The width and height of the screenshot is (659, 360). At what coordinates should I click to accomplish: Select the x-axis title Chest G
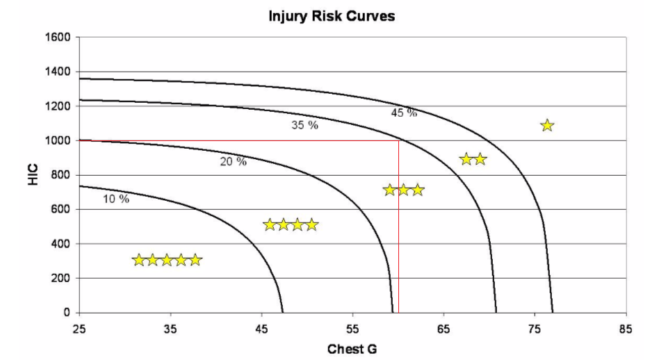(x=352, y=347)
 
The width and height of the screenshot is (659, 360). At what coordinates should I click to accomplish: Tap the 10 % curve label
(x=116, y=199)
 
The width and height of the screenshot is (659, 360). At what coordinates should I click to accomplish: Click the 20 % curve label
(x=233, y=162)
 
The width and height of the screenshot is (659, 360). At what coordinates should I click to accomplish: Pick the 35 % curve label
(x=304, y=126)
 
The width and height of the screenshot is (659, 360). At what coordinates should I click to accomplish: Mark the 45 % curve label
(x=404, y=113)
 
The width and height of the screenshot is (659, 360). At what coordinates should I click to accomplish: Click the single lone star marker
(x=547, y=126)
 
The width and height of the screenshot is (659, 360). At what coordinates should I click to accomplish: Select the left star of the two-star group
(x=466, y=159)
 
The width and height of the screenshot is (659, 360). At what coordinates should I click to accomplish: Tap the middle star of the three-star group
(x=403, y=190)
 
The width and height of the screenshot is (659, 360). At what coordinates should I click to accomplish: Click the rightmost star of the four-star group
(x=312, y=224)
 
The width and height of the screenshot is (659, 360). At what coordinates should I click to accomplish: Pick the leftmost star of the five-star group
(x=138, y=260)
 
